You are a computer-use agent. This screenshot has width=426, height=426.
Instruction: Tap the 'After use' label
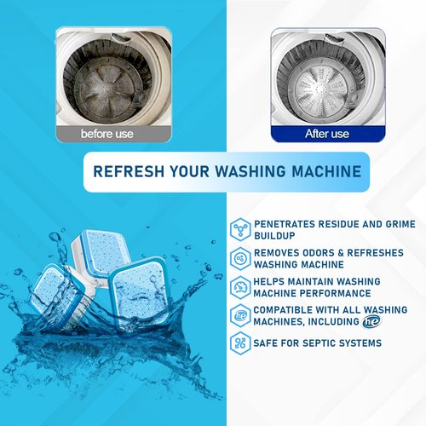point(326,134)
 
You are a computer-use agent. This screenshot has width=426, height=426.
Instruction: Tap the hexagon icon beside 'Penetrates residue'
point(240,229)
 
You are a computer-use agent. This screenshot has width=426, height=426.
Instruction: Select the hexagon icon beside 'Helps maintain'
point(240,288)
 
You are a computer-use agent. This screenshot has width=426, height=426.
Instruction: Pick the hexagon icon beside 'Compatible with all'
point(240,316)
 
